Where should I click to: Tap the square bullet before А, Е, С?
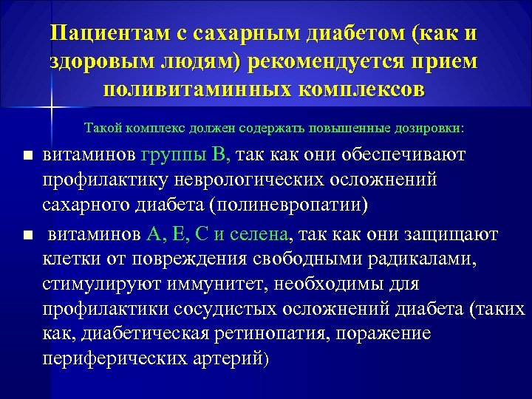28,236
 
